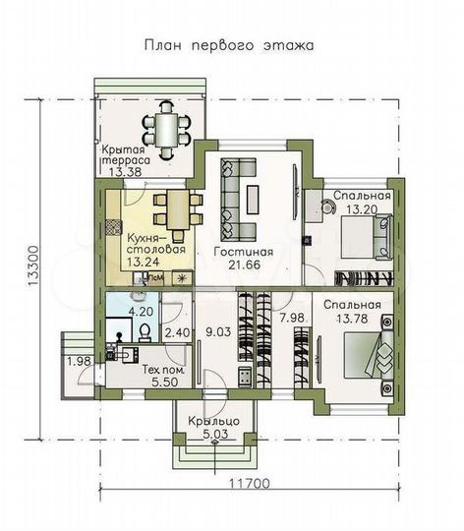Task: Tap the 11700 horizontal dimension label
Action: [x=253, y=484]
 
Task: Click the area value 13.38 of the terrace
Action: [x=125, y=171]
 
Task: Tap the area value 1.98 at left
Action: [x=78, y=363]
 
